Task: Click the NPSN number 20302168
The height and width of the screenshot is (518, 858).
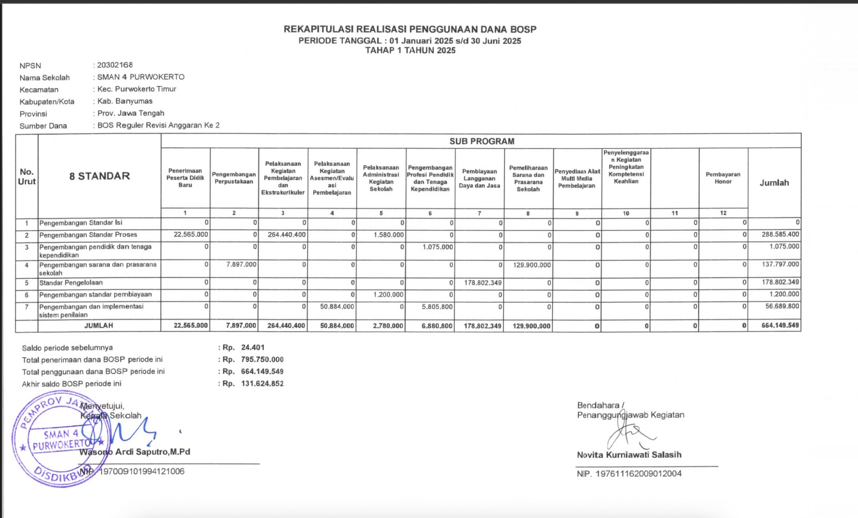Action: [115, 65]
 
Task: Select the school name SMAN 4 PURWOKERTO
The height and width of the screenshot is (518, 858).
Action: [140, 77]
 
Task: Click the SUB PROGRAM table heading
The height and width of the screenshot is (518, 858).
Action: [482, 141]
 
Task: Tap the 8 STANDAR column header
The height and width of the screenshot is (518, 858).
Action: [99, 176]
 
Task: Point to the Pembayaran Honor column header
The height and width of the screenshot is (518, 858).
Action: [723, 178]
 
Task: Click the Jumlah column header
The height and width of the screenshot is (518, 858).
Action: [774, 183]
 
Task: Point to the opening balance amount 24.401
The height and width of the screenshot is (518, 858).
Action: [253, 347]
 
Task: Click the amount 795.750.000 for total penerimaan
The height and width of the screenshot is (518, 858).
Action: [262, 359]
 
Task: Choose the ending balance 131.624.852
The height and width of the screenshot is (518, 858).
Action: [262, 383]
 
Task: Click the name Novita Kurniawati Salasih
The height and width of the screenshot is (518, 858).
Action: [629, 455]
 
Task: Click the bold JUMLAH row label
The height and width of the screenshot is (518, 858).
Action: [99, 325]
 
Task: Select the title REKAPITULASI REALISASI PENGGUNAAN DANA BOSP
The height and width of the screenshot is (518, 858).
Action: [410, 29]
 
